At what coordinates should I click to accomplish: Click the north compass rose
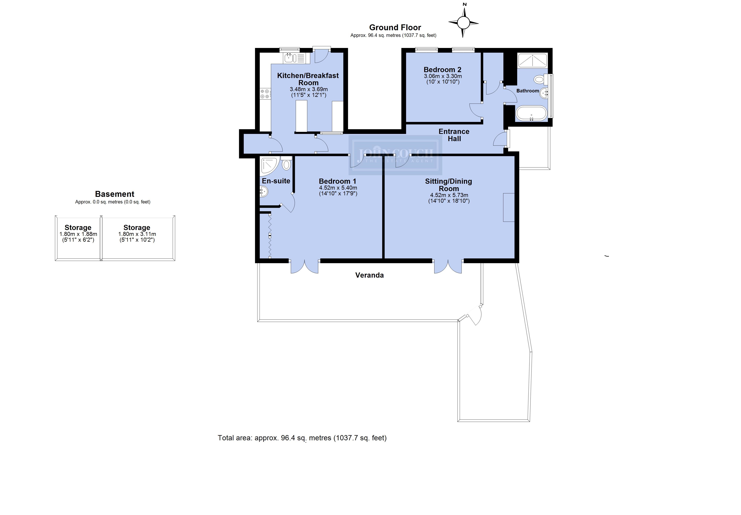point(463,23)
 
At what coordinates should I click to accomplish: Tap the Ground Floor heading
point(395,27)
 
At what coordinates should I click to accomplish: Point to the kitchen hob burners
point(265,94)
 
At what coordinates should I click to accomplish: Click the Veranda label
point(370,275)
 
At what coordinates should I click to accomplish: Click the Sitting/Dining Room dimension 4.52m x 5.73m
point(449,195)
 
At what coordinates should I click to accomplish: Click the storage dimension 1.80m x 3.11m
point(137,234)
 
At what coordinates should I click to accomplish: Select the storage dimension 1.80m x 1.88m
point(78,234)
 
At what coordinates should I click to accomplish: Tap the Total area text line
point(302,438)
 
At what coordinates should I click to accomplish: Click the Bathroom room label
point(528,91)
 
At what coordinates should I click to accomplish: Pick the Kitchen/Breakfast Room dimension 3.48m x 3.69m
point(309,89)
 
